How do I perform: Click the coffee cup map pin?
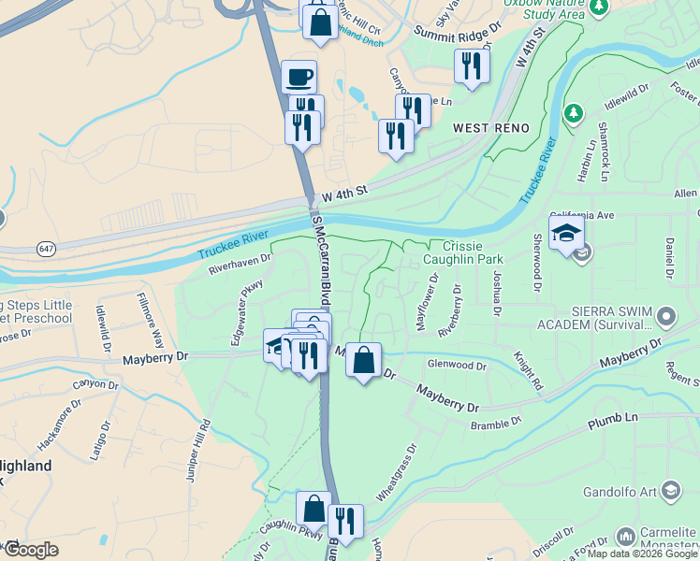pyautogui.click(x=299, y=77)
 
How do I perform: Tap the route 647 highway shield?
pyautogui.click(x=45, y=249)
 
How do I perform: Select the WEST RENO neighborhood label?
pyautogui.click(x=490, y=127)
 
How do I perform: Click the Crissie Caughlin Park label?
pyautogui.click(x=463, y=252)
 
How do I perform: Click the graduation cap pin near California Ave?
pyautogui.click(x=567, y=234)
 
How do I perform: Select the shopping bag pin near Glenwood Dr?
pyautogui.click(x=363, y=360)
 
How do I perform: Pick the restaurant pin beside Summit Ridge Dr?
pyautogui.click(x=471, y=65)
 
